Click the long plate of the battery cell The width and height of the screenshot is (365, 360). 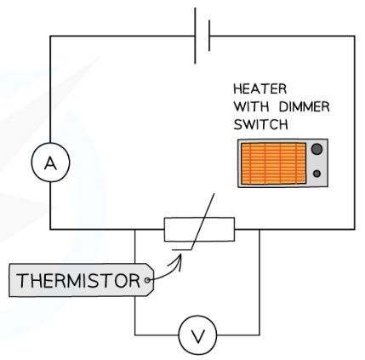(x=195, y=36)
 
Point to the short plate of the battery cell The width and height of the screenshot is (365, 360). (x=209, y=36)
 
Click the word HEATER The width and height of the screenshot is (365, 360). (x=259, y=89)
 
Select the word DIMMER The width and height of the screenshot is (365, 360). (x=305, y=107)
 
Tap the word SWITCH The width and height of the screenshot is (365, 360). (x=260, y=124)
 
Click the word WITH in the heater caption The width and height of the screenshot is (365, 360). (x=251, y=107)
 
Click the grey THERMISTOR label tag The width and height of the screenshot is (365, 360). (x=82, y=280)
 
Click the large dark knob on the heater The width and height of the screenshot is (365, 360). (x=317, y=149)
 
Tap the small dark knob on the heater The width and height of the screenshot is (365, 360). (x=317, y=174)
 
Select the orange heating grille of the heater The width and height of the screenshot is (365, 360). (x=273, y=163)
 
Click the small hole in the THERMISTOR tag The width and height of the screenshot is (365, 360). (x=147, y=280)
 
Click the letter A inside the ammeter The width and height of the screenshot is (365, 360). (x=50, y=163)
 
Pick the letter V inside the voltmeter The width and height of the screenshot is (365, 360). (x=198, y=336)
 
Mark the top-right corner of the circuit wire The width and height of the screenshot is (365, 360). (x=355, y=36)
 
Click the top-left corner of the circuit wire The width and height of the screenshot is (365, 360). (x=50, y=36)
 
